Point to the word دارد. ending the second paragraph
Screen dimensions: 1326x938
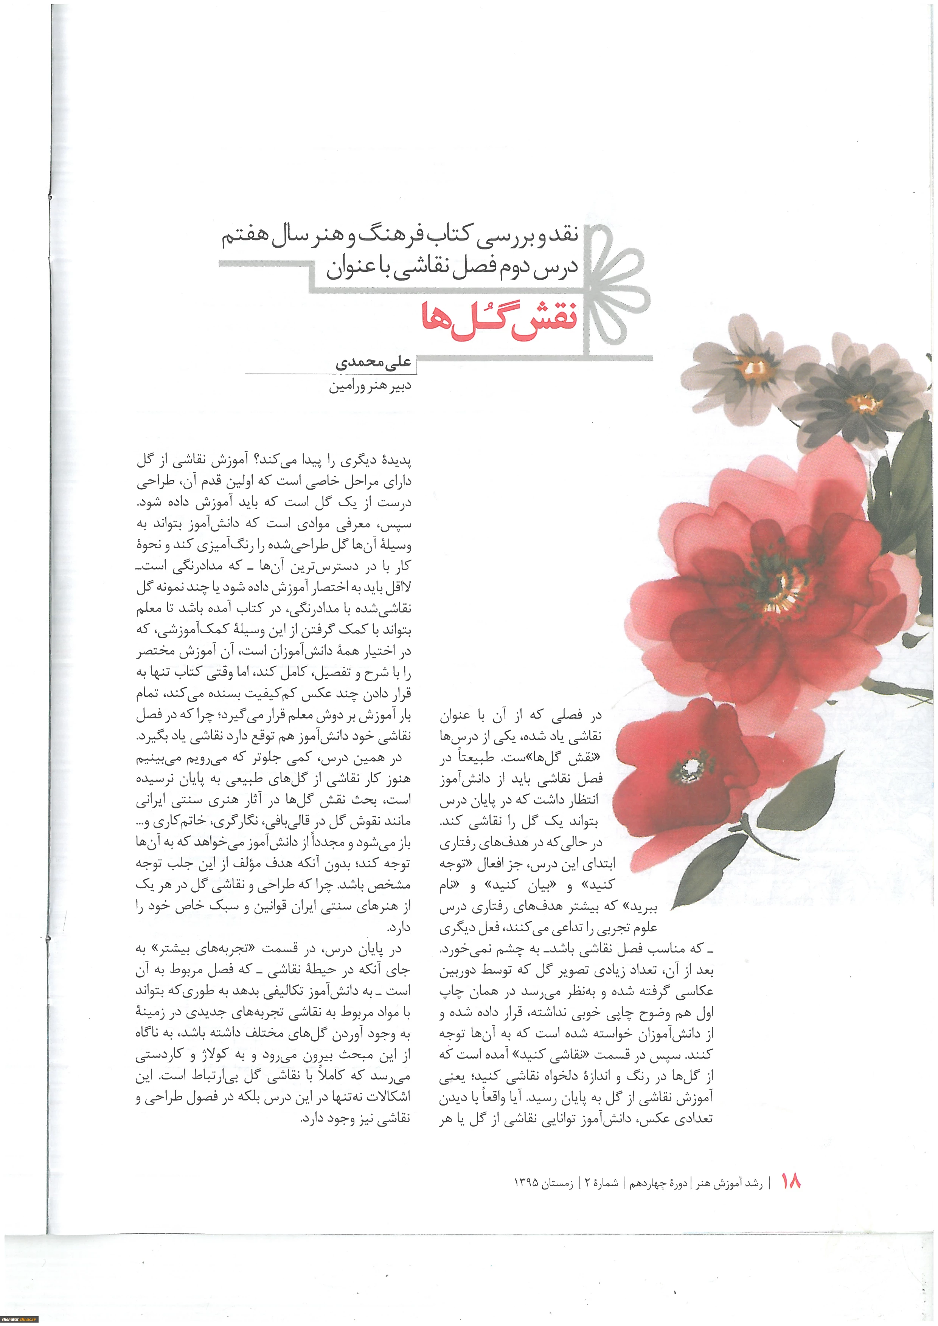click(x=399, y=927)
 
